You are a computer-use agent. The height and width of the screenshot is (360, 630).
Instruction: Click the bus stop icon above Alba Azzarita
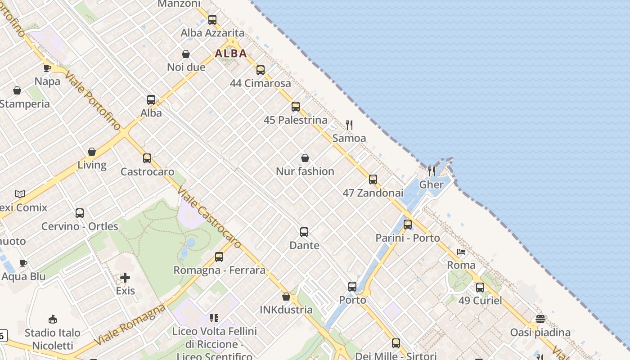[x=212, y=20]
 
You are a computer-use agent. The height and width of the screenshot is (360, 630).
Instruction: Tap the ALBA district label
[x=231, y=54]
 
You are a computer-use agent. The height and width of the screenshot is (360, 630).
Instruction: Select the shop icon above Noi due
[x=186, y=54]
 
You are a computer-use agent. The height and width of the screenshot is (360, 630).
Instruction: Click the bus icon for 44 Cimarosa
[x=261, y=70]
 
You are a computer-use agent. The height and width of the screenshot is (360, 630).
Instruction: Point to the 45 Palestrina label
[x=295, y=120]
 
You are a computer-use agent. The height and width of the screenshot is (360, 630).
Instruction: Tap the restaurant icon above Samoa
[x=349, y=125]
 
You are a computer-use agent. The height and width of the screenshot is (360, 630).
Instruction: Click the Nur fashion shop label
[x=305, y=171]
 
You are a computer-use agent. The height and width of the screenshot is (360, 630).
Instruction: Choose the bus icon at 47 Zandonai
[x=373, y=180]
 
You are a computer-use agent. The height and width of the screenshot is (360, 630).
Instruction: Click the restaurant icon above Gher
[x=432, y=171]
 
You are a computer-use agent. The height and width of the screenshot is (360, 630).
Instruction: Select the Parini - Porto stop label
[x=408, y=238]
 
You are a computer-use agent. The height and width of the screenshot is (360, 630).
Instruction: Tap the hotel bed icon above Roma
[x=461, y=252]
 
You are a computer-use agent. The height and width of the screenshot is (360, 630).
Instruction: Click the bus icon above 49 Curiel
[x=480, y=288]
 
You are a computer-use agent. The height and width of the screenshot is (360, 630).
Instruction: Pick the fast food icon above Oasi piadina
[x=540, y=319]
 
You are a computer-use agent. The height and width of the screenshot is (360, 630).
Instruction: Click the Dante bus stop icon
[x=304, y=232]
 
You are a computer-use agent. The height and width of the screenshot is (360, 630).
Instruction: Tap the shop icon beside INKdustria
[x=286, y=297]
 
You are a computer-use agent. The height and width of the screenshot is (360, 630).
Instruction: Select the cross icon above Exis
[x=125, y=278]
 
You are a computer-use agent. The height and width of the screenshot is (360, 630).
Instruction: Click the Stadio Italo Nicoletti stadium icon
[x=53, y=319]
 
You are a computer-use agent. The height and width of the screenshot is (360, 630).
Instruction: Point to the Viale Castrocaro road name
[x=210, y=216]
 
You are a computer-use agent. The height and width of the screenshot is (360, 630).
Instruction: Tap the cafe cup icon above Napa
[x=47, y=68]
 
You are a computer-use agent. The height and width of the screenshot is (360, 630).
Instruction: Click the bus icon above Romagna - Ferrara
[x=219, y=257]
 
